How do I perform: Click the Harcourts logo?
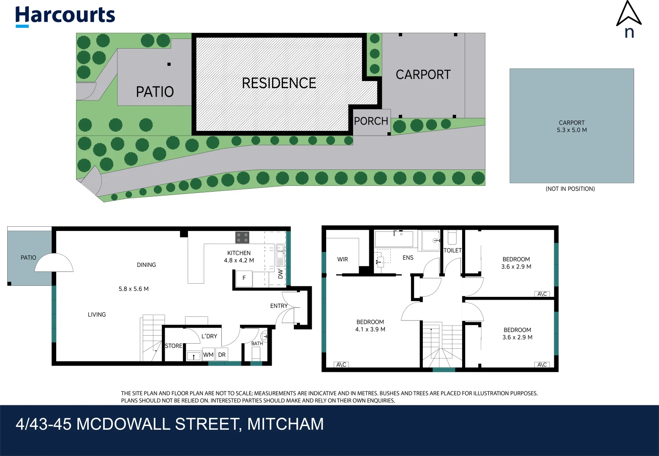[65, 16]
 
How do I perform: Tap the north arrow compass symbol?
[629, 19]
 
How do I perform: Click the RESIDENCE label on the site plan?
[279, 83]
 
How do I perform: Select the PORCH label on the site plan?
[371, 121]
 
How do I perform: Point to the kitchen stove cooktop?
[242, 237]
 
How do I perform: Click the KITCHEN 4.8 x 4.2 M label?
[239, 257]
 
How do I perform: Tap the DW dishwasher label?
[280, 274]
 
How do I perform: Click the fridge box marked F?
[244, 278]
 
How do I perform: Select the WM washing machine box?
[208, 355]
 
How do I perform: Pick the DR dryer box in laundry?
[222, 355]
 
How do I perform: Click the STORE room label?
[174, 346]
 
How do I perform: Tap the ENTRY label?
[279, 306]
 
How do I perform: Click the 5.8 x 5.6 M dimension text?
[133, 289]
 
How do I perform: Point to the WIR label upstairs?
[343, 259]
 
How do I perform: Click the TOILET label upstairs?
[452, 250]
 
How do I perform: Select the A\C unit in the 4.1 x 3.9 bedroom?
[341, 364]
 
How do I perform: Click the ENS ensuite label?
[408, 258]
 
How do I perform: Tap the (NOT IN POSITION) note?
[570, 189]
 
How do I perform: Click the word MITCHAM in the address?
[286, 424]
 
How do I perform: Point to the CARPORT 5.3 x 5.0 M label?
[572, 126]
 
